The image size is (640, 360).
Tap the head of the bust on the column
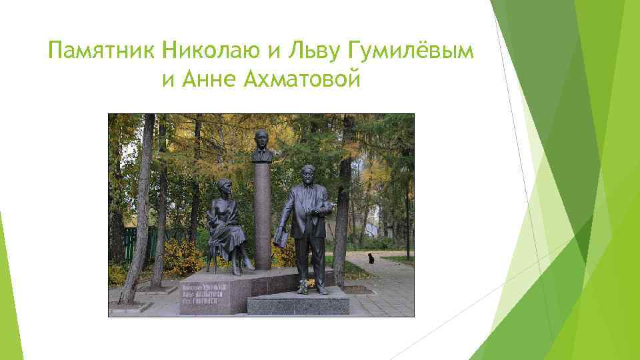coord(263,141)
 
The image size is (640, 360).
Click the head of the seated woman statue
coord(221,188)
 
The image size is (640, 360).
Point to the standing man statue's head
coord(307,175)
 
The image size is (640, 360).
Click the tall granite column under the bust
coord(263,213)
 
